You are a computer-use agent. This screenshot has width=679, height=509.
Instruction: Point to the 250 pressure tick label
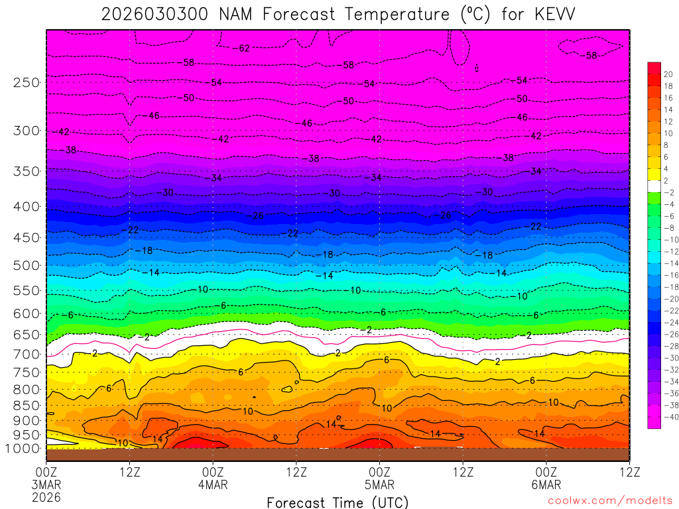pos(27,83)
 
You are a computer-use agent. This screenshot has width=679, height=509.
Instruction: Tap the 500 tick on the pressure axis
pos(27,266)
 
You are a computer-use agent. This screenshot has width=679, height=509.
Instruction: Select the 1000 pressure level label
pos(24,448)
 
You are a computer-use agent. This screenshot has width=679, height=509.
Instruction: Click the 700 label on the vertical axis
pos(27,354)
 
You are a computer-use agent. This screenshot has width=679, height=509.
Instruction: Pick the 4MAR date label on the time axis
pos(213,484)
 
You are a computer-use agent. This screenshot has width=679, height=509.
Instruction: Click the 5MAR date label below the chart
pos(379,484)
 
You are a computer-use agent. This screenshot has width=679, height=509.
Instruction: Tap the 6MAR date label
pos(546,484)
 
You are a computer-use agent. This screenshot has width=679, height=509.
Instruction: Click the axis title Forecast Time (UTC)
pos(338,502)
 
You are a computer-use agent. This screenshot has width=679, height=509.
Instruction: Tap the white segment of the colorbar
pos(654,186)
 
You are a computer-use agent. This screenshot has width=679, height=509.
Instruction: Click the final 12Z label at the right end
pos(629,472)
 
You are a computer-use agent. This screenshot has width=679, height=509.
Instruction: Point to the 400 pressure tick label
pos(27,207)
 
